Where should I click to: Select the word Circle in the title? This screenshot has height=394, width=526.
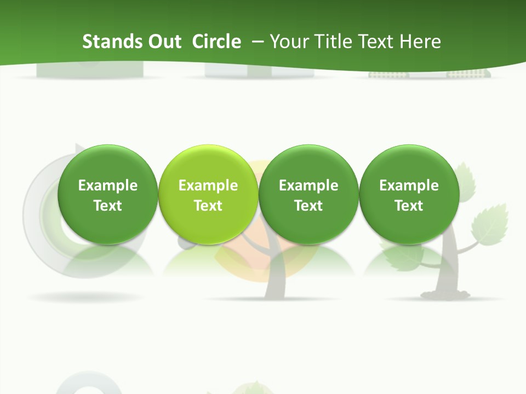click(x=216, y=42)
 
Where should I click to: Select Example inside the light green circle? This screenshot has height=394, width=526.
click(x=208, y=186)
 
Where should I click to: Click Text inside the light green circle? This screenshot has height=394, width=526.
click(x=208, y=206)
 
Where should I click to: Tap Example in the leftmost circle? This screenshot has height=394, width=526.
click(x=108, y=186)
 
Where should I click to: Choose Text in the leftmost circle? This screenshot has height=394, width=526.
click(x=108, y=206)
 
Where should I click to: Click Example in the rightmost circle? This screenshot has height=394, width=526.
click(x=409, y=186)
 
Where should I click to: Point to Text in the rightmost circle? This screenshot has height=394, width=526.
click(x=409, y=206)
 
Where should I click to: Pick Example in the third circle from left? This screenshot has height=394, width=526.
click(x=308, y=186)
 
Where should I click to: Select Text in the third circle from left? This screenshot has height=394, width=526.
click(x=308, y=206)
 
